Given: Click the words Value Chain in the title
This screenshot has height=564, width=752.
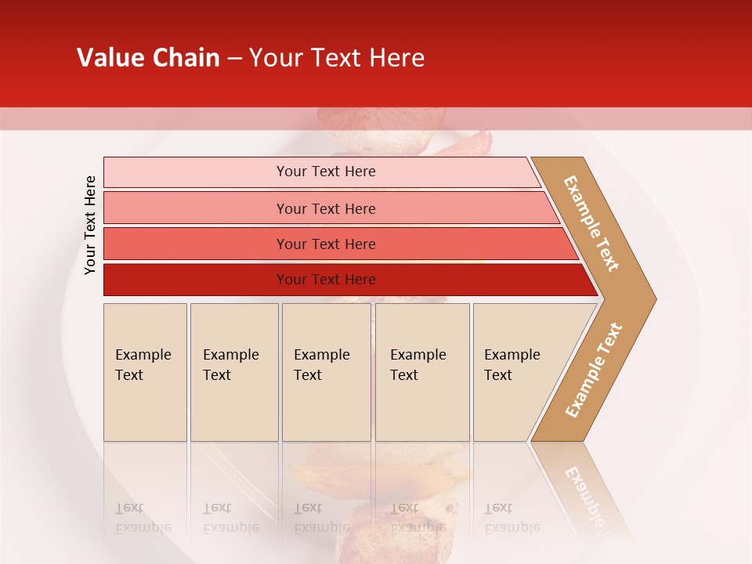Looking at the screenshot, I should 148,58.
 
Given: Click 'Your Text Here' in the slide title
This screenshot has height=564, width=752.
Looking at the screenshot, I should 337,58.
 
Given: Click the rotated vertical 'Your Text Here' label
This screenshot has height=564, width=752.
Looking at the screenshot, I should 90,225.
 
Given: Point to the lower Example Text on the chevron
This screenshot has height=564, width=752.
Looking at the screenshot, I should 594,370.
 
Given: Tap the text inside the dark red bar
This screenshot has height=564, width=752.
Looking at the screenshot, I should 326,280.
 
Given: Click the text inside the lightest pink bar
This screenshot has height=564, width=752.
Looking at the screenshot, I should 326,172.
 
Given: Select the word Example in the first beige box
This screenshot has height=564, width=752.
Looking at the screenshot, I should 143,355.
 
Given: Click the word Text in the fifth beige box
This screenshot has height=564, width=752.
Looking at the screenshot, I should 497,375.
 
